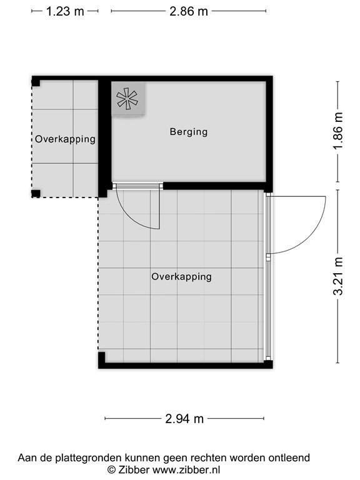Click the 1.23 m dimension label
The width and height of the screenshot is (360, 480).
[65, 12]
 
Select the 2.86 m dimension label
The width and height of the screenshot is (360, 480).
[189, 12]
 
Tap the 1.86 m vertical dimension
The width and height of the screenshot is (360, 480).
[338, 132]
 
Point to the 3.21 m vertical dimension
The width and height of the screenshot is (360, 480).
[338, 277]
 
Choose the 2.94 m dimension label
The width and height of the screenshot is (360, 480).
[184, 419]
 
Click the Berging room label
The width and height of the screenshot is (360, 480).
[189, 132]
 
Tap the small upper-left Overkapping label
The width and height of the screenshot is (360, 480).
[65, 139]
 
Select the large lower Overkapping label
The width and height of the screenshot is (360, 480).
[181, 276]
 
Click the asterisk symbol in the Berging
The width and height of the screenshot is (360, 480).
[127, 99]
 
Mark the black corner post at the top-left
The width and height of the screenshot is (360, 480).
[36, 81]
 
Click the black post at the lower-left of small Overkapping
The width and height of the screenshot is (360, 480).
[36, 193]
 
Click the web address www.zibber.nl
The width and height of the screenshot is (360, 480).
[186, 469]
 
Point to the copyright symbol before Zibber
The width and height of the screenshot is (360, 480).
[112, 469]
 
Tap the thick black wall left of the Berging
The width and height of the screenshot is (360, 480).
[104, 134]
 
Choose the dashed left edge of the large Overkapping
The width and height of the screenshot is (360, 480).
[98, 275]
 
